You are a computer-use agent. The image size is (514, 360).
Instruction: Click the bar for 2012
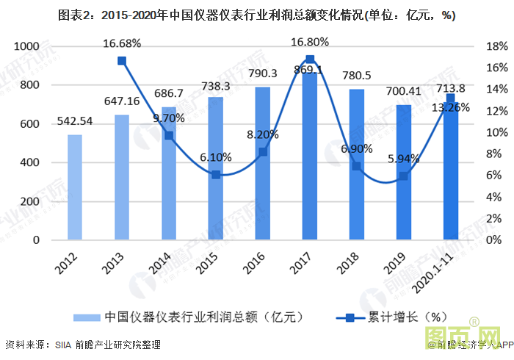(74, 187)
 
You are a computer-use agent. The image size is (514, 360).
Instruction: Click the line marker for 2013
(122, 61)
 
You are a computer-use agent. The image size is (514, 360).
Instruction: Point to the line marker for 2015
(216, 175)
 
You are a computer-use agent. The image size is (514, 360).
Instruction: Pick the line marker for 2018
(356, 166)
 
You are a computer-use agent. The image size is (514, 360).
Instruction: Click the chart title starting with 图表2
(256, 15)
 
